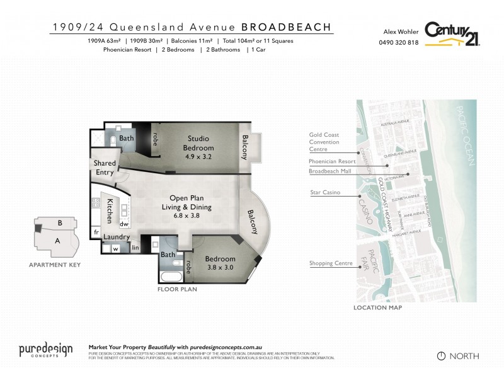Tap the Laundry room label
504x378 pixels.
pyautogui.click(x=118, y=238)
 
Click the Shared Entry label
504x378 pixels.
pyautogui.click(x=105, y=168)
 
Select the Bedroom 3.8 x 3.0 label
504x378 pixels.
pyautogui.click(x=220, y=263)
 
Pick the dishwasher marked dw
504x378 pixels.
pyautogui.click(x=124, y=224)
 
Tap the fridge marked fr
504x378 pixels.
pyautogui.click(x=97, y=232)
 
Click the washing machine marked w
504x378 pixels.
pyautogui.click(x=115, y=248)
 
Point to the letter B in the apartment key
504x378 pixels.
pyautogui.click(x=59, y=223)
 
